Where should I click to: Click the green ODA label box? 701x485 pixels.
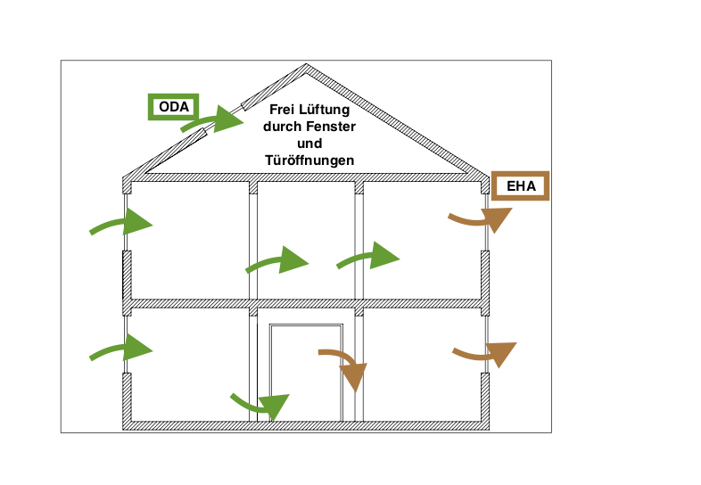174,107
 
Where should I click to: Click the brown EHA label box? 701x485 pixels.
520,186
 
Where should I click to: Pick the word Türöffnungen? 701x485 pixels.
309,160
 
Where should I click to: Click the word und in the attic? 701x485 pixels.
309,144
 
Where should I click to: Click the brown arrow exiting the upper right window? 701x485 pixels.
481,218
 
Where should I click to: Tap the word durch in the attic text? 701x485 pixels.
284,127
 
